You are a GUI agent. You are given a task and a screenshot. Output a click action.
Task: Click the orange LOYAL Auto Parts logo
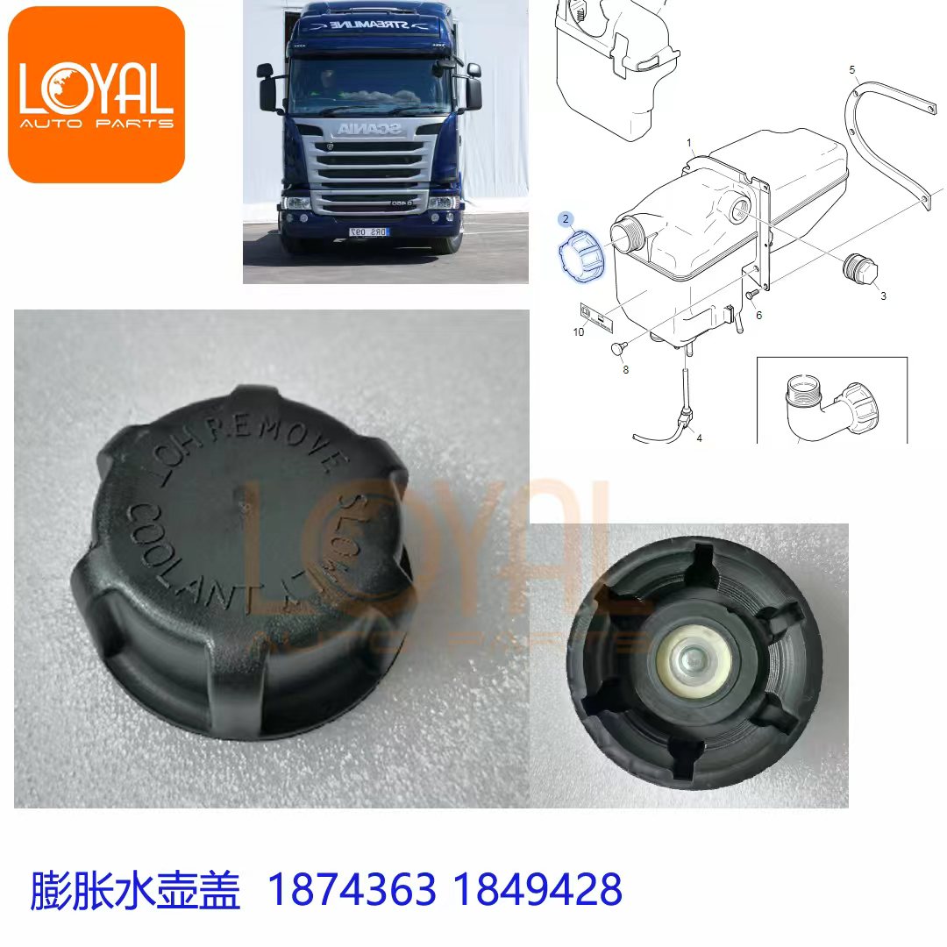click(x=96, y=94)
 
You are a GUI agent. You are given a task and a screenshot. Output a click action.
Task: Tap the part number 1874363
click(x=351, y=889)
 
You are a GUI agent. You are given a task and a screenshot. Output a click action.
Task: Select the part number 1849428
click(x=538, y=889)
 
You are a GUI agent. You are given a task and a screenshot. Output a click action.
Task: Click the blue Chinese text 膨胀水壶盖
click(x=135, y=889)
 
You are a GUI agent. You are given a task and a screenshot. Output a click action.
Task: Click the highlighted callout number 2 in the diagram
click(x=566, y=218)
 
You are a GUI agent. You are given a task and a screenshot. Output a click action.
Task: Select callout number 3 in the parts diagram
click(x=883, y=295)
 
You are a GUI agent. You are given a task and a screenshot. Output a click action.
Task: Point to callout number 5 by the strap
click(x=852, y=68)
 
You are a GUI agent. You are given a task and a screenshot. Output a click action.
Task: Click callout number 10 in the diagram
click(x=579, y=331)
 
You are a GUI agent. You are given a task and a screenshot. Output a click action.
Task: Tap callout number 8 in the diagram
click(x=625, y=370)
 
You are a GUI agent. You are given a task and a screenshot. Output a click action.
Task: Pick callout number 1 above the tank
click(x=689, y=142)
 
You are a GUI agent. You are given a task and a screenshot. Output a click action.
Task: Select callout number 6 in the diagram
click(x=758, y=315)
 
